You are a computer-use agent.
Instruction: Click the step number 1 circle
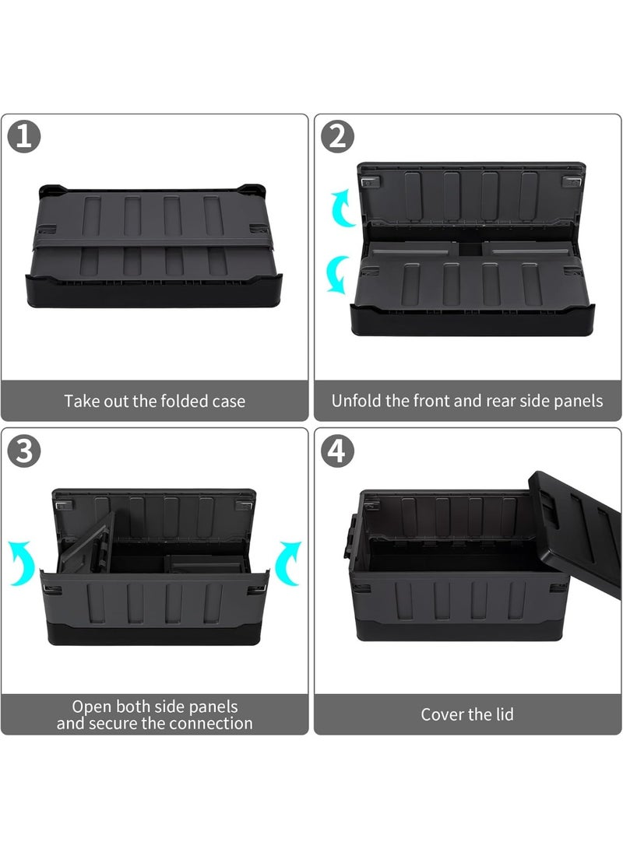tap(24, 138)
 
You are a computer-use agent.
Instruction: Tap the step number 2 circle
tap(337, 138)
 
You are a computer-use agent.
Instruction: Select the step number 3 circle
tap(24, 452)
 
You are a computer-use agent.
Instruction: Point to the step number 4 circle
tap(337, 452)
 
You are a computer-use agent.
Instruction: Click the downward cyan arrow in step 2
tap(336, 275)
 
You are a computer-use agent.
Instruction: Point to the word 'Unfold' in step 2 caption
tap(356, 402)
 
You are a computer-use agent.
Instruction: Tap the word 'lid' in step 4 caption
tap(503, 714)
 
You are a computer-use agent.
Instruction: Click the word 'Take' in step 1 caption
tap(82, 402)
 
